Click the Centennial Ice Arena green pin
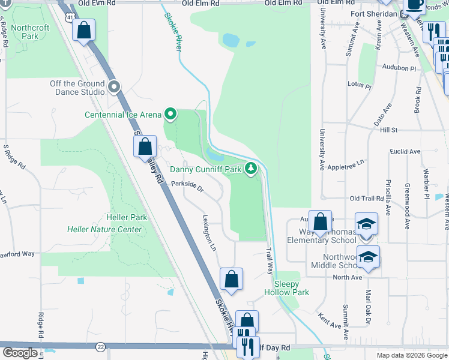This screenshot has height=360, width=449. point(170,113)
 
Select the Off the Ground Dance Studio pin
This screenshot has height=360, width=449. point(115,88)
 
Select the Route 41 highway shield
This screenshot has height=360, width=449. point(71,17)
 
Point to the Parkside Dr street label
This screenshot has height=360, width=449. point(187,187)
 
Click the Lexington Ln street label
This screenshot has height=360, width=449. point(209,233)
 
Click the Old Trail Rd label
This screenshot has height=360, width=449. point(366,198)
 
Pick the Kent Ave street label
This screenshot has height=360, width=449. point(330,322)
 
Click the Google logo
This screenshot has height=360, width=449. point(20,353)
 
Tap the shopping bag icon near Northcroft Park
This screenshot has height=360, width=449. point(84,29)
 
